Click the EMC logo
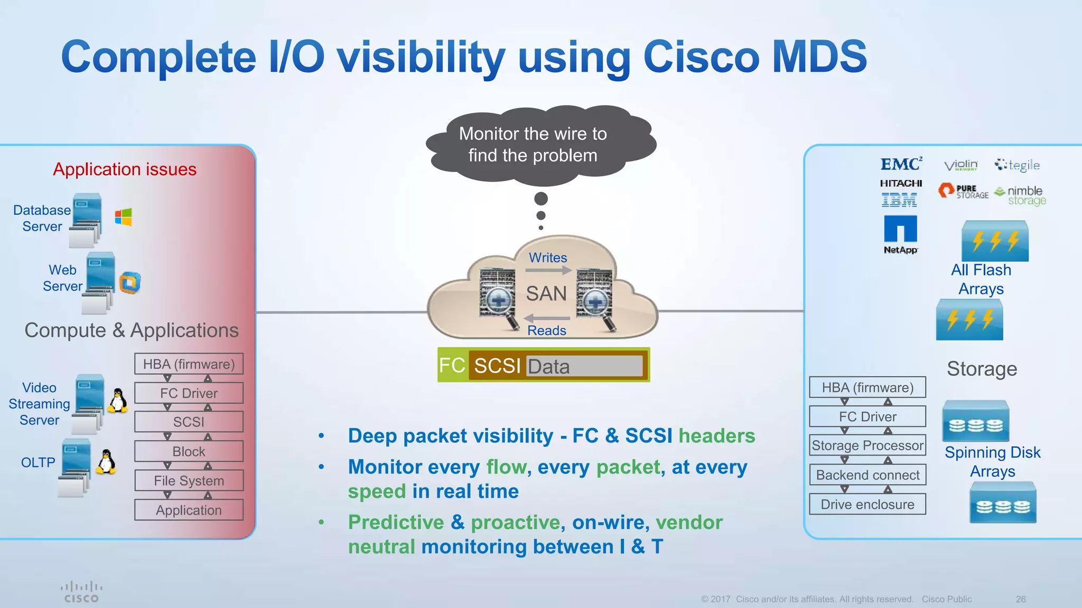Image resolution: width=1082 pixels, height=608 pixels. [901, 164]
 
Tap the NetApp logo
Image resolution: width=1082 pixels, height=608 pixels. [900, 234]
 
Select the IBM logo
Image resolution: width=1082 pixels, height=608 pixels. [899, 200]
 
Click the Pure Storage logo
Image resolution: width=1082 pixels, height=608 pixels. [963, 191]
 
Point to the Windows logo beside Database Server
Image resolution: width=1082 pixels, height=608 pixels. [123, 217]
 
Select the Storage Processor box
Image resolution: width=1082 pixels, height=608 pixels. [868, 445]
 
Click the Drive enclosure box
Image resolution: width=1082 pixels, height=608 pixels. [868, 504]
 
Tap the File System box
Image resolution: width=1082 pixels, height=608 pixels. [189, 481]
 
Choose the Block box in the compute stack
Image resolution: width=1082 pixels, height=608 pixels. [189, 451]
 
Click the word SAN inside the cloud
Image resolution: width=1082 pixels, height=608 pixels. [546, 293]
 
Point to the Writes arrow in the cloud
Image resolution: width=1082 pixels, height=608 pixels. [548, 270]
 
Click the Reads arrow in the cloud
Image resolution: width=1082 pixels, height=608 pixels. [547, 318]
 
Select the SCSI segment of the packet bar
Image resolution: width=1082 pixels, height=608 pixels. [497, 366]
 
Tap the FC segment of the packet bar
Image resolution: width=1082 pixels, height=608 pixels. [452, 365]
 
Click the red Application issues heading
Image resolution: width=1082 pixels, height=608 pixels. [125, 169]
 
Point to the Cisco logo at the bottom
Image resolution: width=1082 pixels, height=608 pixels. [81, 592]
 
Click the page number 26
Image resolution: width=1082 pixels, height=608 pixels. [1020, 599]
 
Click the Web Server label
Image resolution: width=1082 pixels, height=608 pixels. [62, 278]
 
